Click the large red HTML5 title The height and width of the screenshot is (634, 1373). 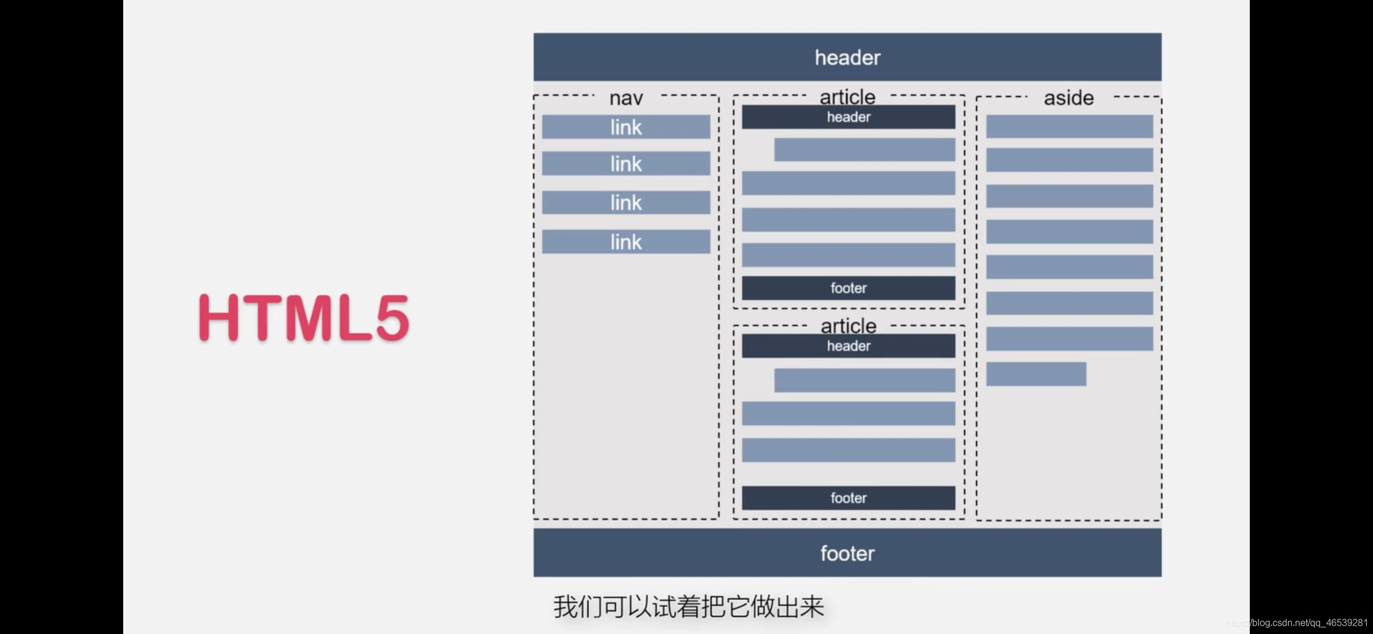303,317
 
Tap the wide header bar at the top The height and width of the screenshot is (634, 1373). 847,57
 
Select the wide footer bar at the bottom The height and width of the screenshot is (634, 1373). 847,553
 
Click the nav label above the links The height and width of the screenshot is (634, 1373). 626,98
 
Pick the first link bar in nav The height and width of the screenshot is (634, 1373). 625,127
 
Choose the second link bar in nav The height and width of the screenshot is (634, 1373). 625,164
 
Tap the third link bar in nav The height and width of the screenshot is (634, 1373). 625,203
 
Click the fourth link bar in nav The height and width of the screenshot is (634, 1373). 625,242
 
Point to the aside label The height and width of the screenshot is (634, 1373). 1068,98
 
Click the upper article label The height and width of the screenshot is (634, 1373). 847,96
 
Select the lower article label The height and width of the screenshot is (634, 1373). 848,325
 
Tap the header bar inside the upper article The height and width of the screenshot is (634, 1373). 848,117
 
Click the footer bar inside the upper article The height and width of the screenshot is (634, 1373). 848,288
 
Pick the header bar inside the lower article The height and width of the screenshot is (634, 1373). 848,346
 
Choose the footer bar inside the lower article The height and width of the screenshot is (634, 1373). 848,498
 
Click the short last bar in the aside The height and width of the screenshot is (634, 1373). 1036,374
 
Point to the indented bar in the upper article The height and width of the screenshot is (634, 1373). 864,150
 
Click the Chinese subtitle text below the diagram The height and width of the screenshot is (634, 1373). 688,606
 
